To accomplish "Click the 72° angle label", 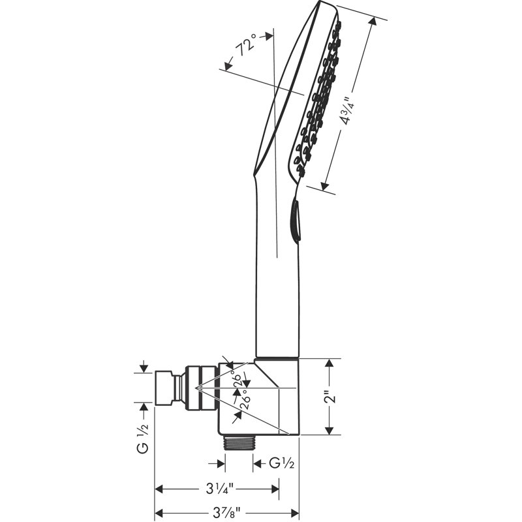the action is (246, 45).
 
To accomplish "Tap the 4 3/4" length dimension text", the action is (350, 111).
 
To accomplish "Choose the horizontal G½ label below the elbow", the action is (282, 463).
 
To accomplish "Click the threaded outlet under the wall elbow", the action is (239, 443).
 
